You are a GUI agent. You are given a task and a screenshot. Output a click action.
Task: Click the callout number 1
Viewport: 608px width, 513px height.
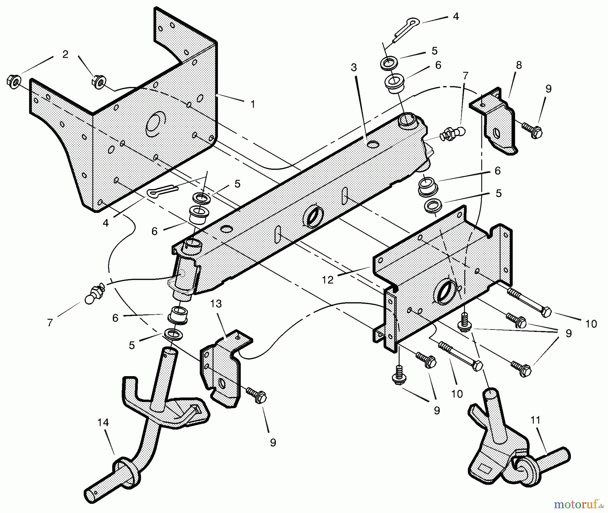[x=253, y=104]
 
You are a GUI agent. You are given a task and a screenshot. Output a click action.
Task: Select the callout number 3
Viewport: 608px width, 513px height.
[x=354, y=68]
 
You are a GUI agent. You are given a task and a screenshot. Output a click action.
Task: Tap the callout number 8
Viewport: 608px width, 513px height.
[x=519, y=65]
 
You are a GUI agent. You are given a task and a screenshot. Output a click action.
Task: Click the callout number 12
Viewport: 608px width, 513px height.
[x=328, y=279]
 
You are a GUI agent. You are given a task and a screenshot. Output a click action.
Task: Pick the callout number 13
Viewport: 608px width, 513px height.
[x=216, y=304]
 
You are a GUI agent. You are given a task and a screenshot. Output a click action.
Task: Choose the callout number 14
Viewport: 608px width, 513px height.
[x=103, y=422]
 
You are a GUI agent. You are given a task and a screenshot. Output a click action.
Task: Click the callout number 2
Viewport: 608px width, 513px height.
[x=65, y=54]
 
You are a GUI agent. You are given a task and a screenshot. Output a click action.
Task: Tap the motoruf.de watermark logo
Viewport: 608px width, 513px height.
[x=578, y=505]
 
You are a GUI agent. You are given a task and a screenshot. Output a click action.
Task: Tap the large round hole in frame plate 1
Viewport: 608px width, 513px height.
[x=155, y=125]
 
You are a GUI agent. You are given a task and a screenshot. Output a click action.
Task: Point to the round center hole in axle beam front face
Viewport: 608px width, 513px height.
[x=314, y=216]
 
